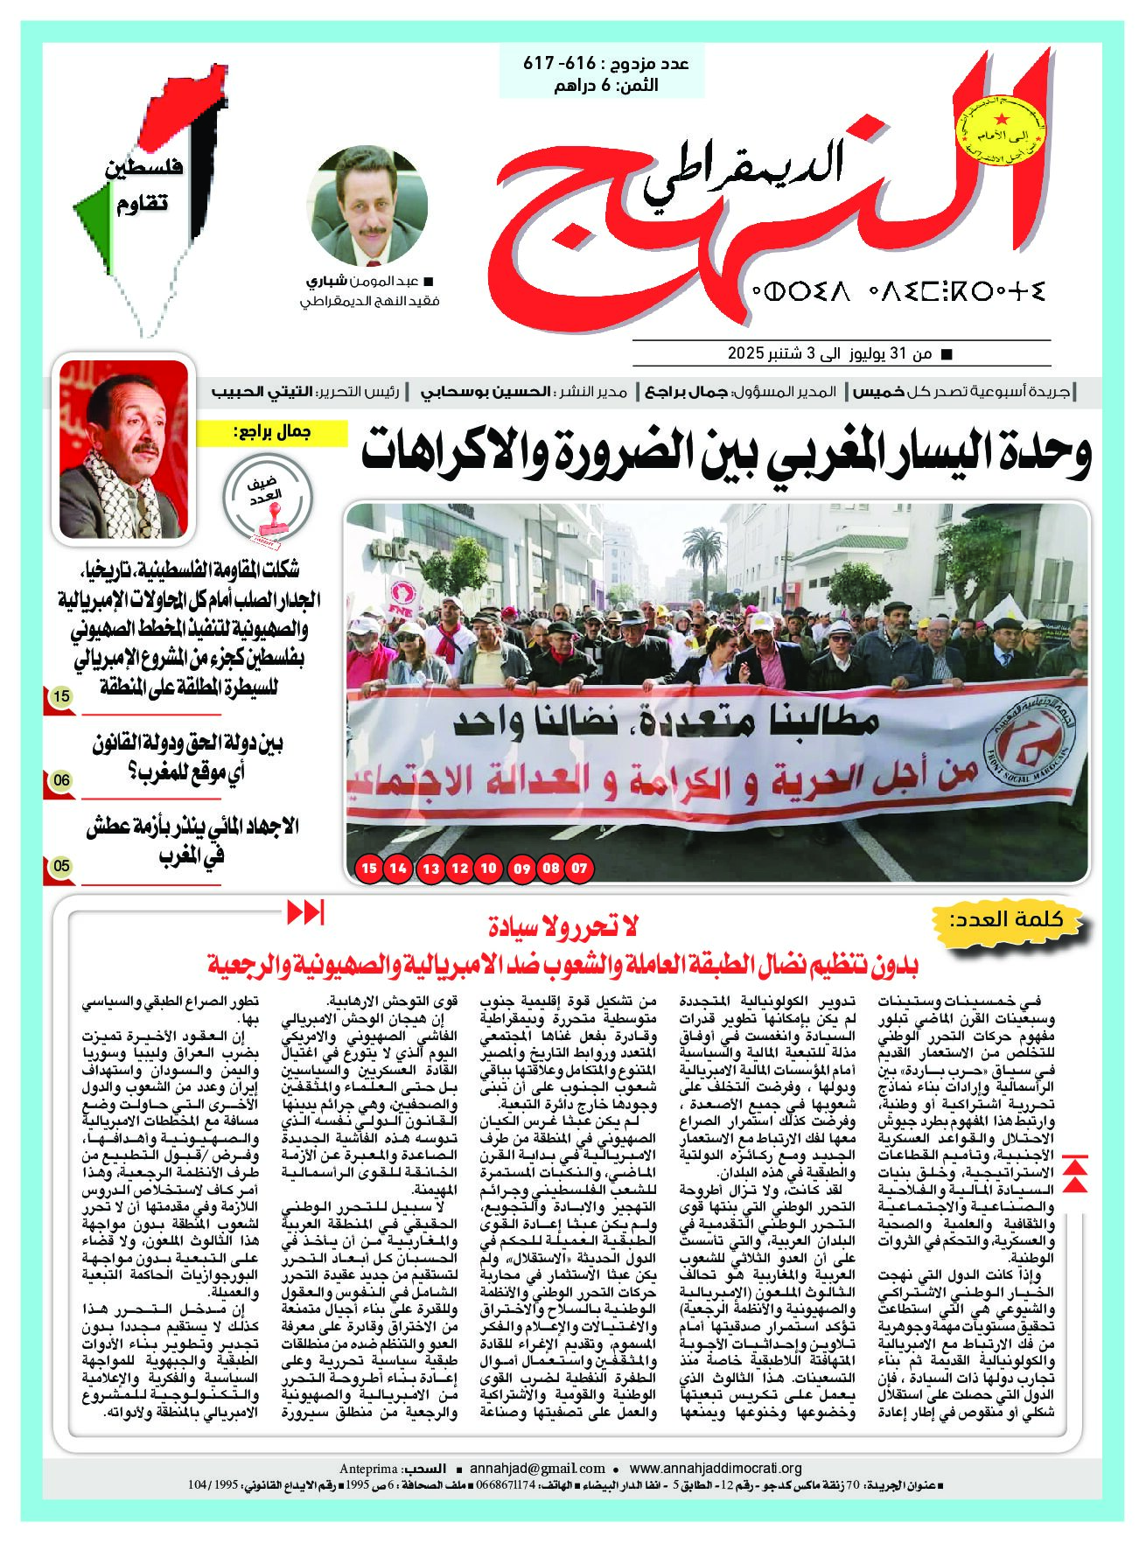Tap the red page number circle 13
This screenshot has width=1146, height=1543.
431,869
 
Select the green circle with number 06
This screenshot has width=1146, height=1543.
60,779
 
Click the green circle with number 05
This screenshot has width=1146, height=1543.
60,866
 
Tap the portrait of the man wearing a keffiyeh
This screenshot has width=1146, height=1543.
122,449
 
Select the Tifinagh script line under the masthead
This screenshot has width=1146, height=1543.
896,290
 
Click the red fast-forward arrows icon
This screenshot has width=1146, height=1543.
306,913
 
